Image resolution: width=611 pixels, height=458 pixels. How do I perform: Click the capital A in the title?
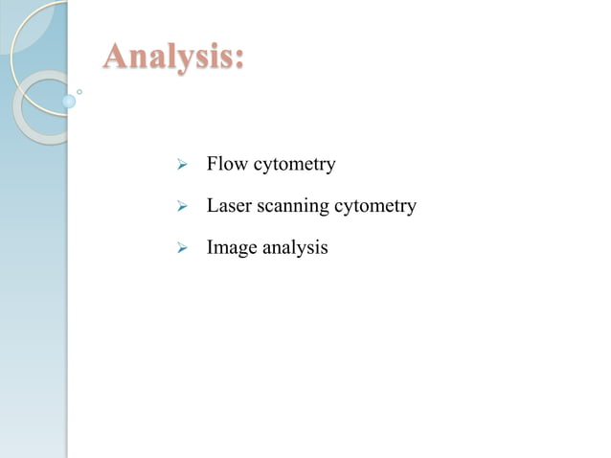coord(117,56)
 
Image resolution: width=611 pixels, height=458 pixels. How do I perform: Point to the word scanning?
coord(293,208)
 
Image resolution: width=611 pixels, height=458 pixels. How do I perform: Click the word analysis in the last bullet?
coord(296,248)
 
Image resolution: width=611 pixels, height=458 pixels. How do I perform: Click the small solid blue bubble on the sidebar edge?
coord(68,101)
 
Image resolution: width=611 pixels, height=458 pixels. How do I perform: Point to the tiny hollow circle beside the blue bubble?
coord(79,92)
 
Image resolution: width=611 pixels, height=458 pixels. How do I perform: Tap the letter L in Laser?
coord(213,206)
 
